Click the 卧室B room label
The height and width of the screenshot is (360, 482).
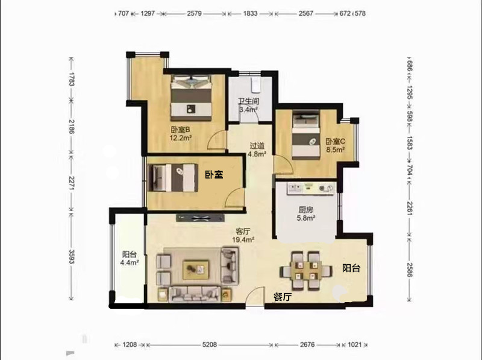180,130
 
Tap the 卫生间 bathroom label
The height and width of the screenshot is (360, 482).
248,101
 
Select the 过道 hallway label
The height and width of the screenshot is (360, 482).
257,145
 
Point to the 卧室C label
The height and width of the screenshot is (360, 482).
336,142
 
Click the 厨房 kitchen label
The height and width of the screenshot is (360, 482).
305,210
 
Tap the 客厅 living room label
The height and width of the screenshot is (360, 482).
243,231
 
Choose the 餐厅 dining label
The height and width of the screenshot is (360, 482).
283,297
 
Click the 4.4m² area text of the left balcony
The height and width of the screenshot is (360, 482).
130,262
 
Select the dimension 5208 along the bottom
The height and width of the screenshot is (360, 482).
209,344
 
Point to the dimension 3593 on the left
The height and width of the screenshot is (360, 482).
71,256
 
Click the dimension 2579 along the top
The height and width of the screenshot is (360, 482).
194,13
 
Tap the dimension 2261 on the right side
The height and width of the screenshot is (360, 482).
410,208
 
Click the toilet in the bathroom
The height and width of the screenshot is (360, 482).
255,84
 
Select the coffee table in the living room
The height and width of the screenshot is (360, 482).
196,270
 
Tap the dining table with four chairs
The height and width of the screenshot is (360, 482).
306,271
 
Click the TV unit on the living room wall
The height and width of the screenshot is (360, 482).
200,218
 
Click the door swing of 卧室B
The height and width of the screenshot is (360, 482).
217,141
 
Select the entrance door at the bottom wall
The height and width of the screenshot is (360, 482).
255,296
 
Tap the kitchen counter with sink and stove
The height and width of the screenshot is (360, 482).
311,188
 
